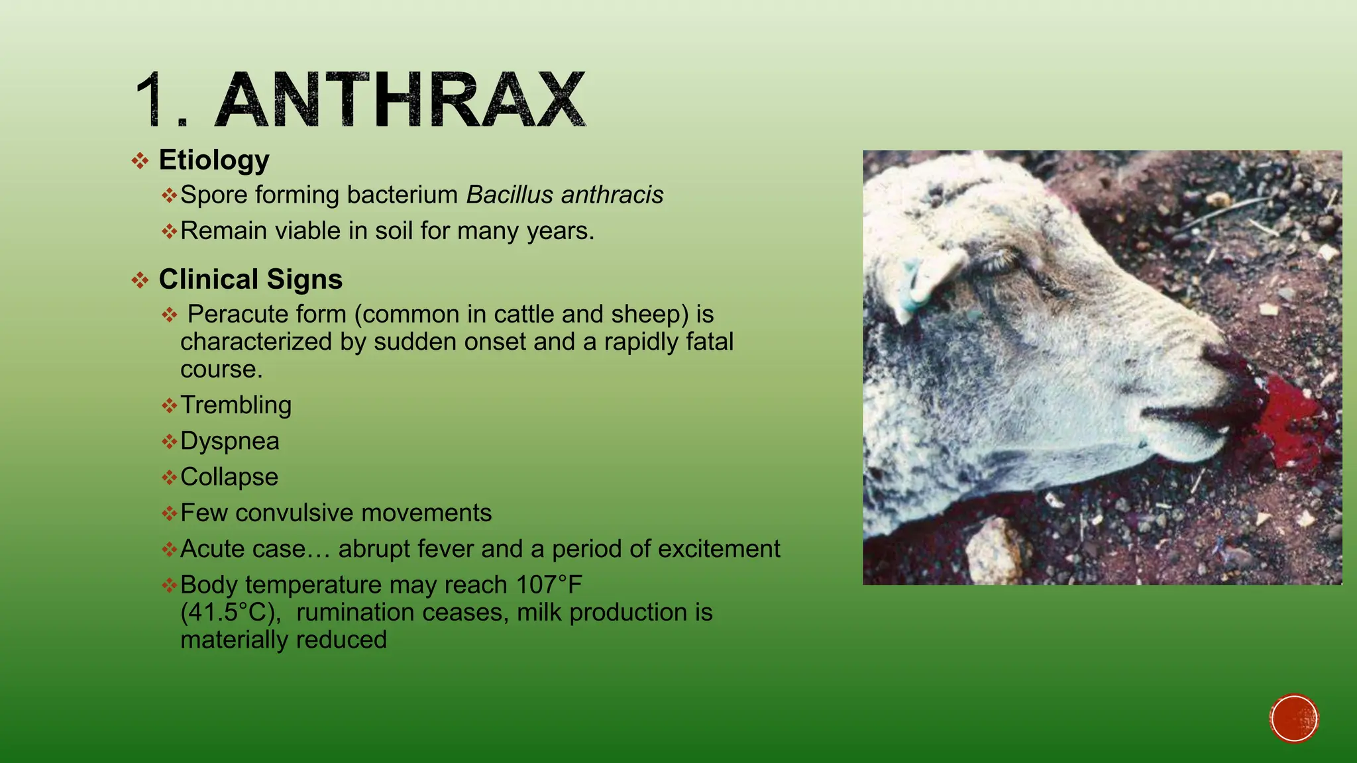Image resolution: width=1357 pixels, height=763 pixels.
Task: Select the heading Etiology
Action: [x=214, y=160]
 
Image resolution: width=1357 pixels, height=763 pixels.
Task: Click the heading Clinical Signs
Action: [x=250, y=280]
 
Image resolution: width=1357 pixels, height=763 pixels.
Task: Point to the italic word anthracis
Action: [x=612, y=195]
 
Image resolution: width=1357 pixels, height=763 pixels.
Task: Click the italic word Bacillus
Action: [x=510, y=195]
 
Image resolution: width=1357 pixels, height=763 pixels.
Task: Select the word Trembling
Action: [x=236, y=405]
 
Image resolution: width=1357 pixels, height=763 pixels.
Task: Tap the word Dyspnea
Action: [x=230, y=442]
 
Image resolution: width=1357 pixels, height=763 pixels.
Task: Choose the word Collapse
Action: [x=229, y=477]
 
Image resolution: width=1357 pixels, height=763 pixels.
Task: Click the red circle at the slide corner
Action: [x=1294, y=718]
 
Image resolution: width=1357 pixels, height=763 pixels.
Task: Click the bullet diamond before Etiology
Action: [x=140, y=161]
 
